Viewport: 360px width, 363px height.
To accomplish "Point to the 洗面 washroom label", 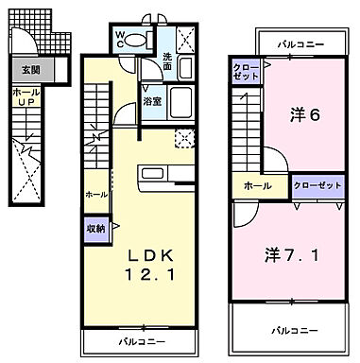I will (167, 61).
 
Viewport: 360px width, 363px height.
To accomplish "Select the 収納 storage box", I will (97, 228).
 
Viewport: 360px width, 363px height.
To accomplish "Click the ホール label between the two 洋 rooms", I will (257, 186).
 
